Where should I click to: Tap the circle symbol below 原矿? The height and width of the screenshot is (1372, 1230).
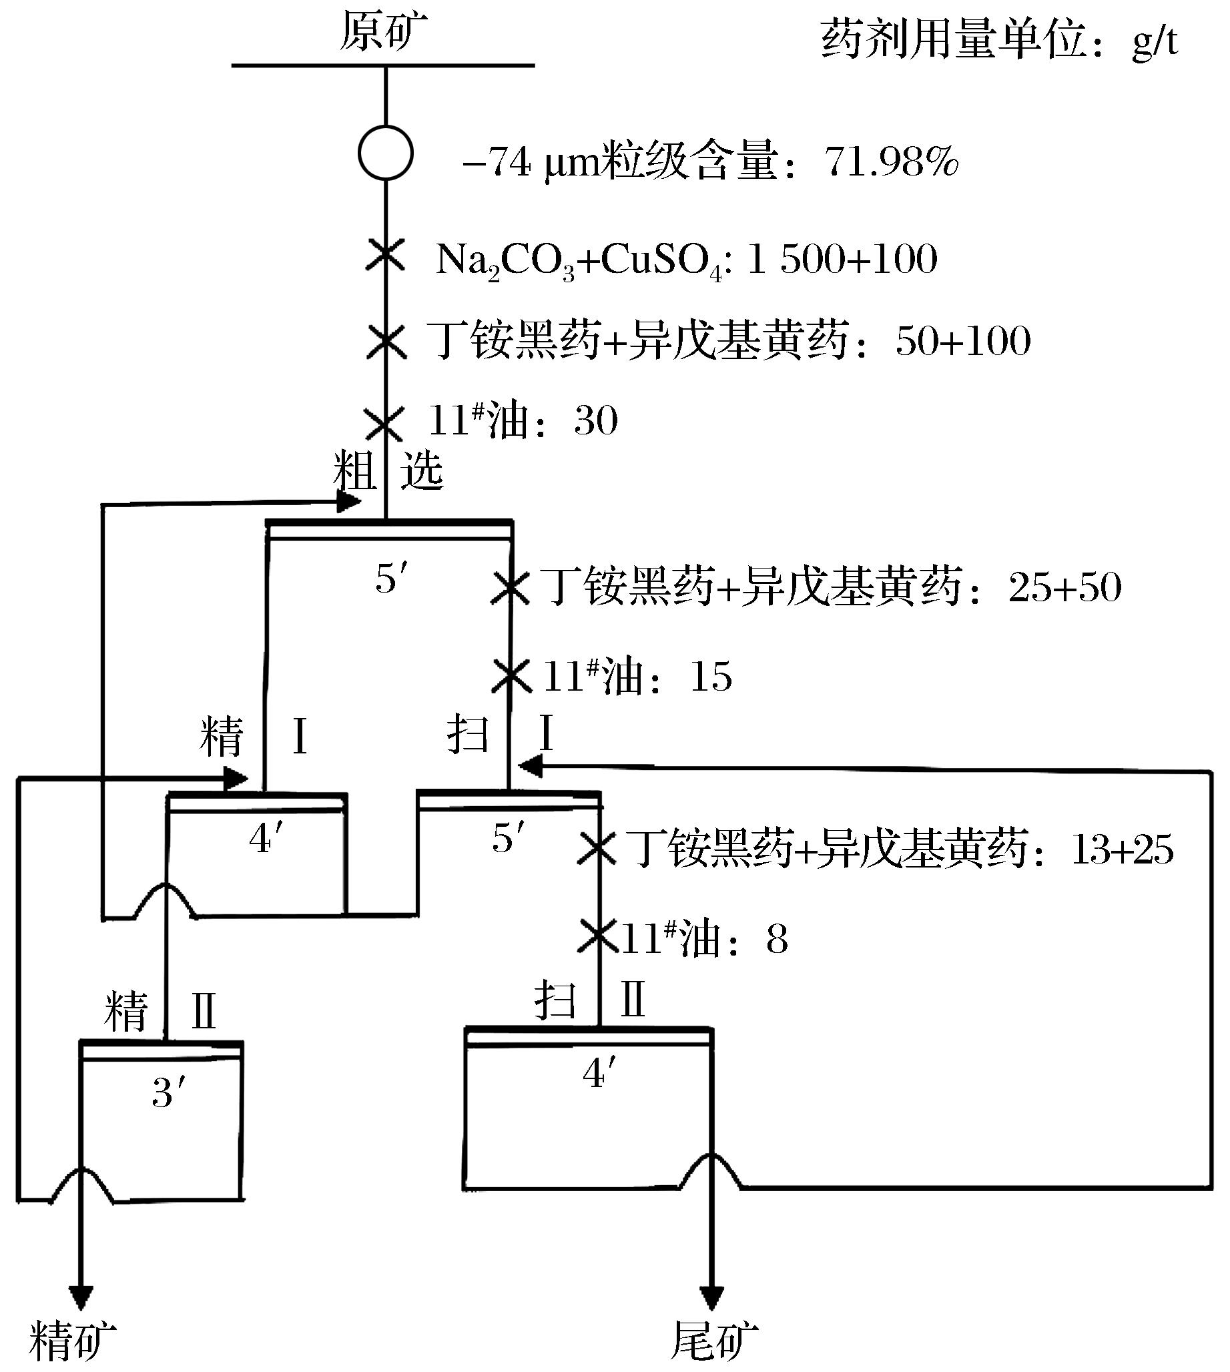(x=385, y=153)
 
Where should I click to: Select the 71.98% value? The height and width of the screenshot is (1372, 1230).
(x=891, y=163)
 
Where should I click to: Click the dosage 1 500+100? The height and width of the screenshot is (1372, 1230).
(x=842, y=260)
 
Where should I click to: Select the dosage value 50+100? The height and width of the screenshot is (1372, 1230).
(x=963, y=341)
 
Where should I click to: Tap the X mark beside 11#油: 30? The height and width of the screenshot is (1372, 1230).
(x=384, y=423)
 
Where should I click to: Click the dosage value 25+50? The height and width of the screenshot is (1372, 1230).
(x=1064, y=587)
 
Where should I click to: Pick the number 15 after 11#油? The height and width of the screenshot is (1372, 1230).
(x=710, y=677)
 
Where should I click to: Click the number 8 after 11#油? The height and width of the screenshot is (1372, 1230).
(x=777, y=940)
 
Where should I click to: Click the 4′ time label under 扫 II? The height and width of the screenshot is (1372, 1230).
(x=599, y=1073)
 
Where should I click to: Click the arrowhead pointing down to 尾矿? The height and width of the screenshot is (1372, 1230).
(x=711, y=1297)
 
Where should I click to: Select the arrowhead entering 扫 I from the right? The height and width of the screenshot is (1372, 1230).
(x=530, y=767)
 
